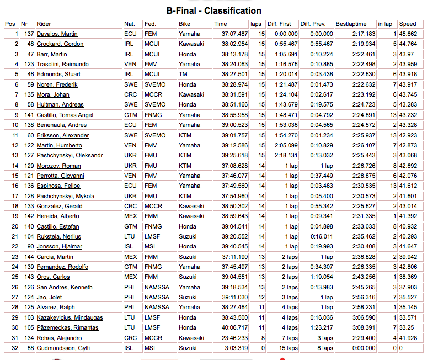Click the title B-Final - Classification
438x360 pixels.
(214, 10)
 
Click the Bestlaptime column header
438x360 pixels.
(351, 24)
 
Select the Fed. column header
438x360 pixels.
(150, 24)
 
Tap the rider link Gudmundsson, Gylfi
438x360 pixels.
(63, 348)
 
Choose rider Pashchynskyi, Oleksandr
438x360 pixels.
(70, 156)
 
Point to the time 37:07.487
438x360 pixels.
(234, 34)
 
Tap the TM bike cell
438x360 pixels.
(183, 75)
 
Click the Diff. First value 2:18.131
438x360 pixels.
(285, 156)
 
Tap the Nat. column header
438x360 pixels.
(130, 24)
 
